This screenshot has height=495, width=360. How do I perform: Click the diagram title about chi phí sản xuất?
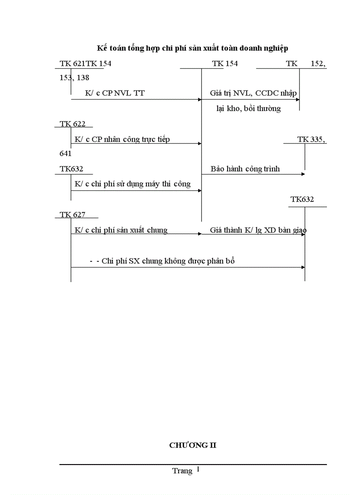[192, 48]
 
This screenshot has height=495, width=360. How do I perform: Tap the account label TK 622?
[73, 124]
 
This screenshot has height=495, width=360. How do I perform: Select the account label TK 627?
[73, 215]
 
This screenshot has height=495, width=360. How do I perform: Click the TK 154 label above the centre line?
[225, 64]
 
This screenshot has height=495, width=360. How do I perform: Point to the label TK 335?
[311, 140]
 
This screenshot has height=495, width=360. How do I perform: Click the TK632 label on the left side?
[71, 169]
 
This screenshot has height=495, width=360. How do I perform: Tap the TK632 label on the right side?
[302, 200]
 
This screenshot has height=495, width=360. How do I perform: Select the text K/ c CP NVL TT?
[115, 93]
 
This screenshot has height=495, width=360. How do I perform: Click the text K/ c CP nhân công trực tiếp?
[122, 140]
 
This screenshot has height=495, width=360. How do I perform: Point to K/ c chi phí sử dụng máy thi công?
[133, 184]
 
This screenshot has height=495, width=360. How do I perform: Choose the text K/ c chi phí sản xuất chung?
[121, 230]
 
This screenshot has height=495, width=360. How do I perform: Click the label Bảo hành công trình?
[245, 169]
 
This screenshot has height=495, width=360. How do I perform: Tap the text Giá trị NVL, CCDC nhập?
[253, 93]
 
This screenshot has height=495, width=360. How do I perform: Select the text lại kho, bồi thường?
[248, 108]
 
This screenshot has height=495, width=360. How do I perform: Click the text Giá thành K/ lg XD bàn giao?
[259, 230]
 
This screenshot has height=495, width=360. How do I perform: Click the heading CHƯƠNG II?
[193, 445]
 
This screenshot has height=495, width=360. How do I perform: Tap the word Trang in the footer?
[182, 471]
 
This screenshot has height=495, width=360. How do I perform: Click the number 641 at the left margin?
[66, 154]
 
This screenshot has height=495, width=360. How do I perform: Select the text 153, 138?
[75, 78]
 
